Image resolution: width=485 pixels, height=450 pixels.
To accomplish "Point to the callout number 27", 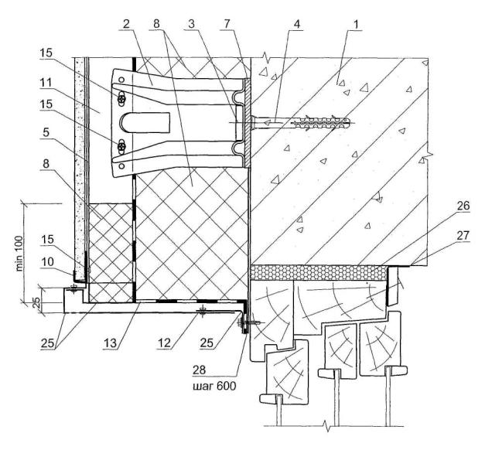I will [x=439, y=252].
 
